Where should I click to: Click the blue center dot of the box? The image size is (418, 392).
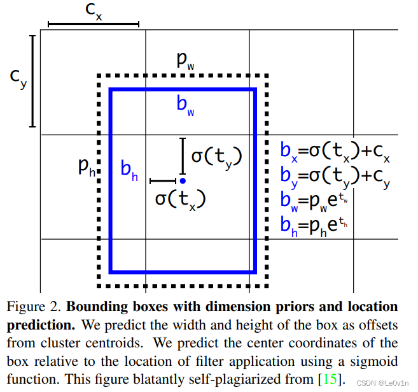coord(183,181)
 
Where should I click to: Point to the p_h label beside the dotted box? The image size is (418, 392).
coord(87,168)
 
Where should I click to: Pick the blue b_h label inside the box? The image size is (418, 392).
coord(129,170)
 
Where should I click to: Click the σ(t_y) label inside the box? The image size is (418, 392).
coord(216,156)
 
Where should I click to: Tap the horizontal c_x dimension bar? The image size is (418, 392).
coord(93,25)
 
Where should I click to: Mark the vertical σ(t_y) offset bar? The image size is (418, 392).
coord(183,156)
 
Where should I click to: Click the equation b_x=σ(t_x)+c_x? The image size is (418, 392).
coord(335,152)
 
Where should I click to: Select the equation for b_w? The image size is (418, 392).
coord(314,201)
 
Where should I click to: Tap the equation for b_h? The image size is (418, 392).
coord(314,224)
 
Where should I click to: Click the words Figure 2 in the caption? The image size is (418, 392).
coord(31,307)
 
